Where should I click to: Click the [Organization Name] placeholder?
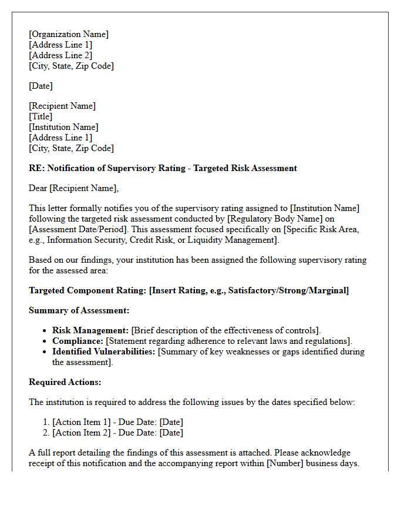pos(69,34)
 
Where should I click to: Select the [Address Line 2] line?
pos(60,55)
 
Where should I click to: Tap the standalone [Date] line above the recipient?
pos(41,86)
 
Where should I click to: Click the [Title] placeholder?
pos(41,116)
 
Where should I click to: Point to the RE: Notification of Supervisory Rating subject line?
pos(163,168)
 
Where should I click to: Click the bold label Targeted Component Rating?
pos(87,290)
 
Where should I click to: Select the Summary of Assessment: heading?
pos(79,310)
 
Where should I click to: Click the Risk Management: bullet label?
pos(90,330)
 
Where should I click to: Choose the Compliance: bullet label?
pos(78,341)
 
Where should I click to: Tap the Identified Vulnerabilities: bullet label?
pos(104,351)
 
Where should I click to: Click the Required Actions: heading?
pos(65,382)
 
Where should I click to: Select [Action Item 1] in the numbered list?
pos(81,422)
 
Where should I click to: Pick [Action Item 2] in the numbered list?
pos(81,433)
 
